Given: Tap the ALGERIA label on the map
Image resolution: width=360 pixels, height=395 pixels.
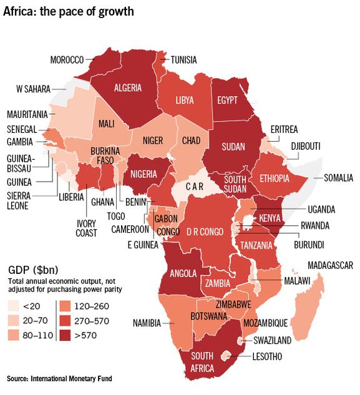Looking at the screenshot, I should [x=128, y=88].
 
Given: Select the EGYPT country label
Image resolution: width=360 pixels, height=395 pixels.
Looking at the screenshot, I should [x=228, y=100].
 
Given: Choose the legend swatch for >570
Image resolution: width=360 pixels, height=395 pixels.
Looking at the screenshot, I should [x=65, y=335].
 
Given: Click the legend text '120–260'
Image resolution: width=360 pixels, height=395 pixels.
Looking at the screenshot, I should [x=94, y=306].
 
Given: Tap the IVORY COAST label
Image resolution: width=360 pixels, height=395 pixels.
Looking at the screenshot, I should [x=87, y=228].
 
